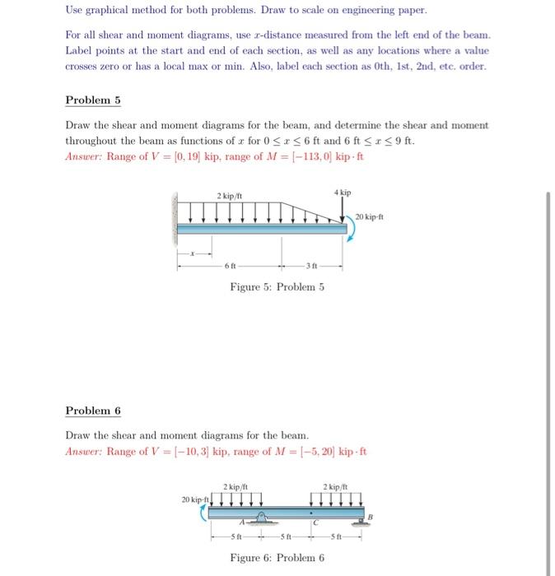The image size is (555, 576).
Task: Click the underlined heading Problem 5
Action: (x=93, y=100)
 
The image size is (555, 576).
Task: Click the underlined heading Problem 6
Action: (x=93, y=411)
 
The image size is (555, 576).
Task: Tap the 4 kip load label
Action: (x=343, y=192)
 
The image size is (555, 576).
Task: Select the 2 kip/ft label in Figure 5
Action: (x=228, y=196)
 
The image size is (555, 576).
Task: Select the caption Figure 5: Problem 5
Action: (x=277, y=287)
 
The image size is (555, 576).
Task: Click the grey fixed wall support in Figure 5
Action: (x=175, y=218)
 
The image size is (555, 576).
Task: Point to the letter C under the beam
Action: (x=313, y=522)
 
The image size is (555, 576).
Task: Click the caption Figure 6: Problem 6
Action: (x=277, y=558)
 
